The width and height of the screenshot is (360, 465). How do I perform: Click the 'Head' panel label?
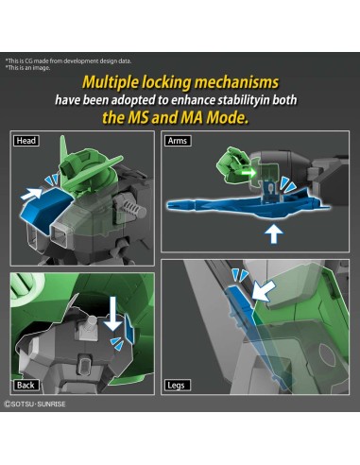[26, 141]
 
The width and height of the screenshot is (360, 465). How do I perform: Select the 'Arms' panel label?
[177, 141]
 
